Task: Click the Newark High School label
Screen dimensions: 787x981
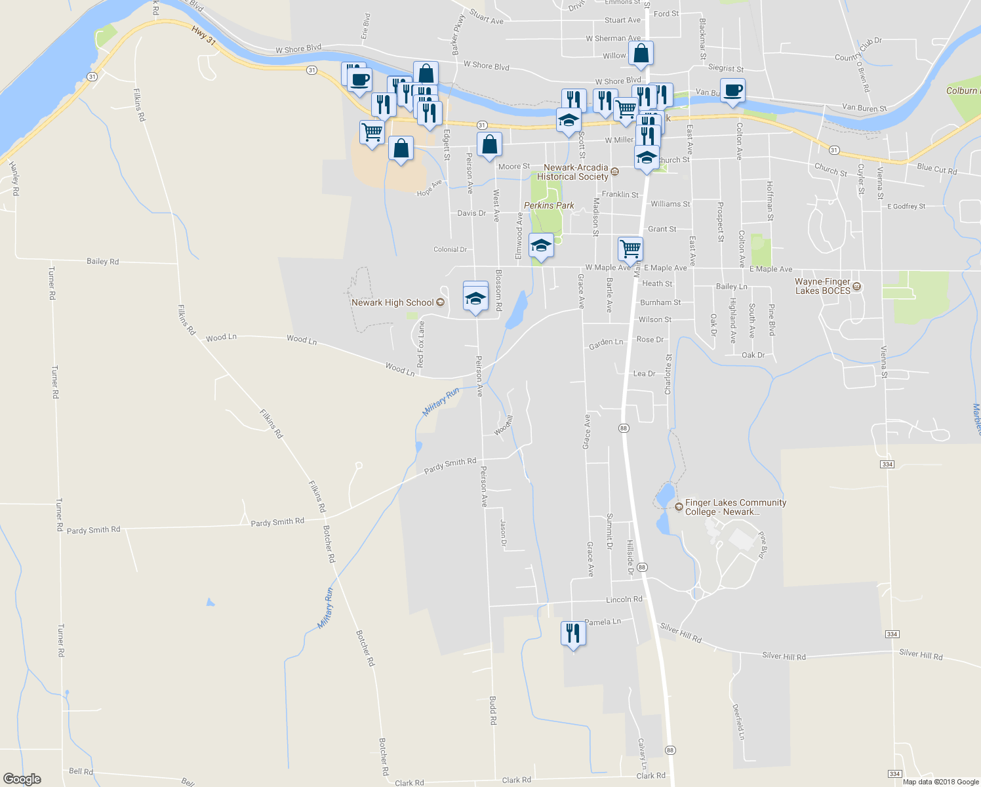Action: tap(392, 302)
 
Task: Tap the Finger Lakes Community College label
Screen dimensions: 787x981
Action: tap(735, 507)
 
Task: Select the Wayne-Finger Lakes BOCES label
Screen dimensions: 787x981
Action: tap(822, 286)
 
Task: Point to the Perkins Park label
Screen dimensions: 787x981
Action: tap(549, 205)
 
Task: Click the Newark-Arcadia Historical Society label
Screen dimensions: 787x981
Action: tap(573, 172)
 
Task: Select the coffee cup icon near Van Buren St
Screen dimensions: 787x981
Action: tap(732, 91)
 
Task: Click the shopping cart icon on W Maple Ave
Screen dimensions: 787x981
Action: tap(630, 249)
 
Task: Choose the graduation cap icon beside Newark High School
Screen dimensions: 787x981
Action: tap(475, 299)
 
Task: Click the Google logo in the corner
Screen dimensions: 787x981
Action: tap(22, 779)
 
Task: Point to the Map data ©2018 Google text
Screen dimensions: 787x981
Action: tap(940, 782)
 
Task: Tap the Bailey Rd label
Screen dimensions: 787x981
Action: tap(103, 261)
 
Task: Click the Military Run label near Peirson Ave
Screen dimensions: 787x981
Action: tap(441, 402)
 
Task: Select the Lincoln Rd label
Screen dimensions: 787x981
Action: tap(624, 599)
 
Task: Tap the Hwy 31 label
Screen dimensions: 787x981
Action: tap(204, 35)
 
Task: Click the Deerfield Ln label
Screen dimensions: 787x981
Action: tap(738, 722)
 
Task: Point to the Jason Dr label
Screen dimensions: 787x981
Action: tap(503, 533)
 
